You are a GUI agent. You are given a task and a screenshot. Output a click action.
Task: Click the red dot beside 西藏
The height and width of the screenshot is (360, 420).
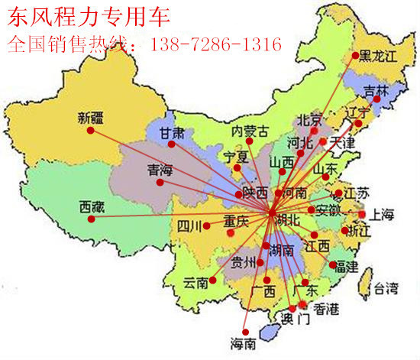[92, 219]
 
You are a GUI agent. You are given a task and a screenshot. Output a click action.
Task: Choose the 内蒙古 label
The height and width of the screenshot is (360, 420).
[250, 131]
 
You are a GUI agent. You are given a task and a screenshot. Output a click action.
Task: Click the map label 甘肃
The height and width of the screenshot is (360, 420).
[172, 133]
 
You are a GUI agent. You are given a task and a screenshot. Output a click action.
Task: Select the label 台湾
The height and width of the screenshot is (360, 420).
[385, 288]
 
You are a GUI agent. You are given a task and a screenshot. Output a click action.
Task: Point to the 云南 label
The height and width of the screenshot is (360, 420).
[196, 282]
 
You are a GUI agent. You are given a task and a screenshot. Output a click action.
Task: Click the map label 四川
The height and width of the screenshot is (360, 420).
[189, 225]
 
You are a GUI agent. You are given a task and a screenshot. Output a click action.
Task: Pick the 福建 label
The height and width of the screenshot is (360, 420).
[345, 267]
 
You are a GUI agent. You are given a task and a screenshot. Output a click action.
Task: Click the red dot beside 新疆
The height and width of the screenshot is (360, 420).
[89, 130]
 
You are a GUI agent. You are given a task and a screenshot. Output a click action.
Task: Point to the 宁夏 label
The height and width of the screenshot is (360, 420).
[235, 157]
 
